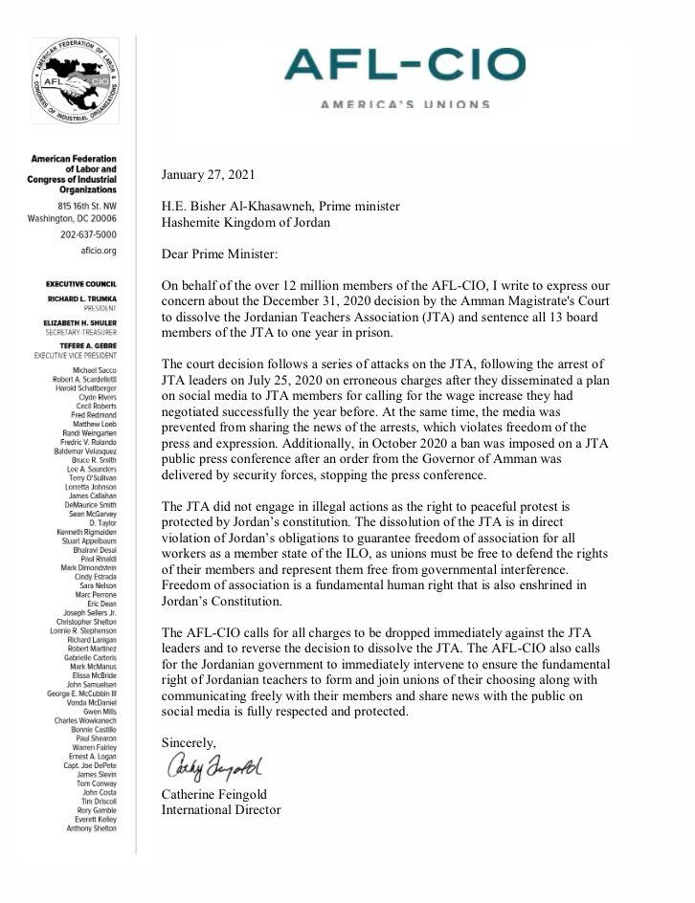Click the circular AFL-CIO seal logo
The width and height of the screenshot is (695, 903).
(x=76, y=81)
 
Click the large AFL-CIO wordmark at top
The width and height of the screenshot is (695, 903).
(x=405, y=65)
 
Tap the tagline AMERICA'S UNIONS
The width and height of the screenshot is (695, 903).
(x=405, y=103)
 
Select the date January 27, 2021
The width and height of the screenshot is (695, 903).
(x=209, y=174)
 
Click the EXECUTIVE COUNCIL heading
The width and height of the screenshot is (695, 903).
(x=80, y=284)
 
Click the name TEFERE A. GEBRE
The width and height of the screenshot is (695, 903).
(x=85, y=345)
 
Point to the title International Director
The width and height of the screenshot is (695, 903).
(x=221, y=810)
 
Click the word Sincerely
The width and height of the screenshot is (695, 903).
(x=189, y=742)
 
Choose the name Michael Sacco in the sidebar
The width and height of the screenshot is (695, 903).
(x=94, y=368)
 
